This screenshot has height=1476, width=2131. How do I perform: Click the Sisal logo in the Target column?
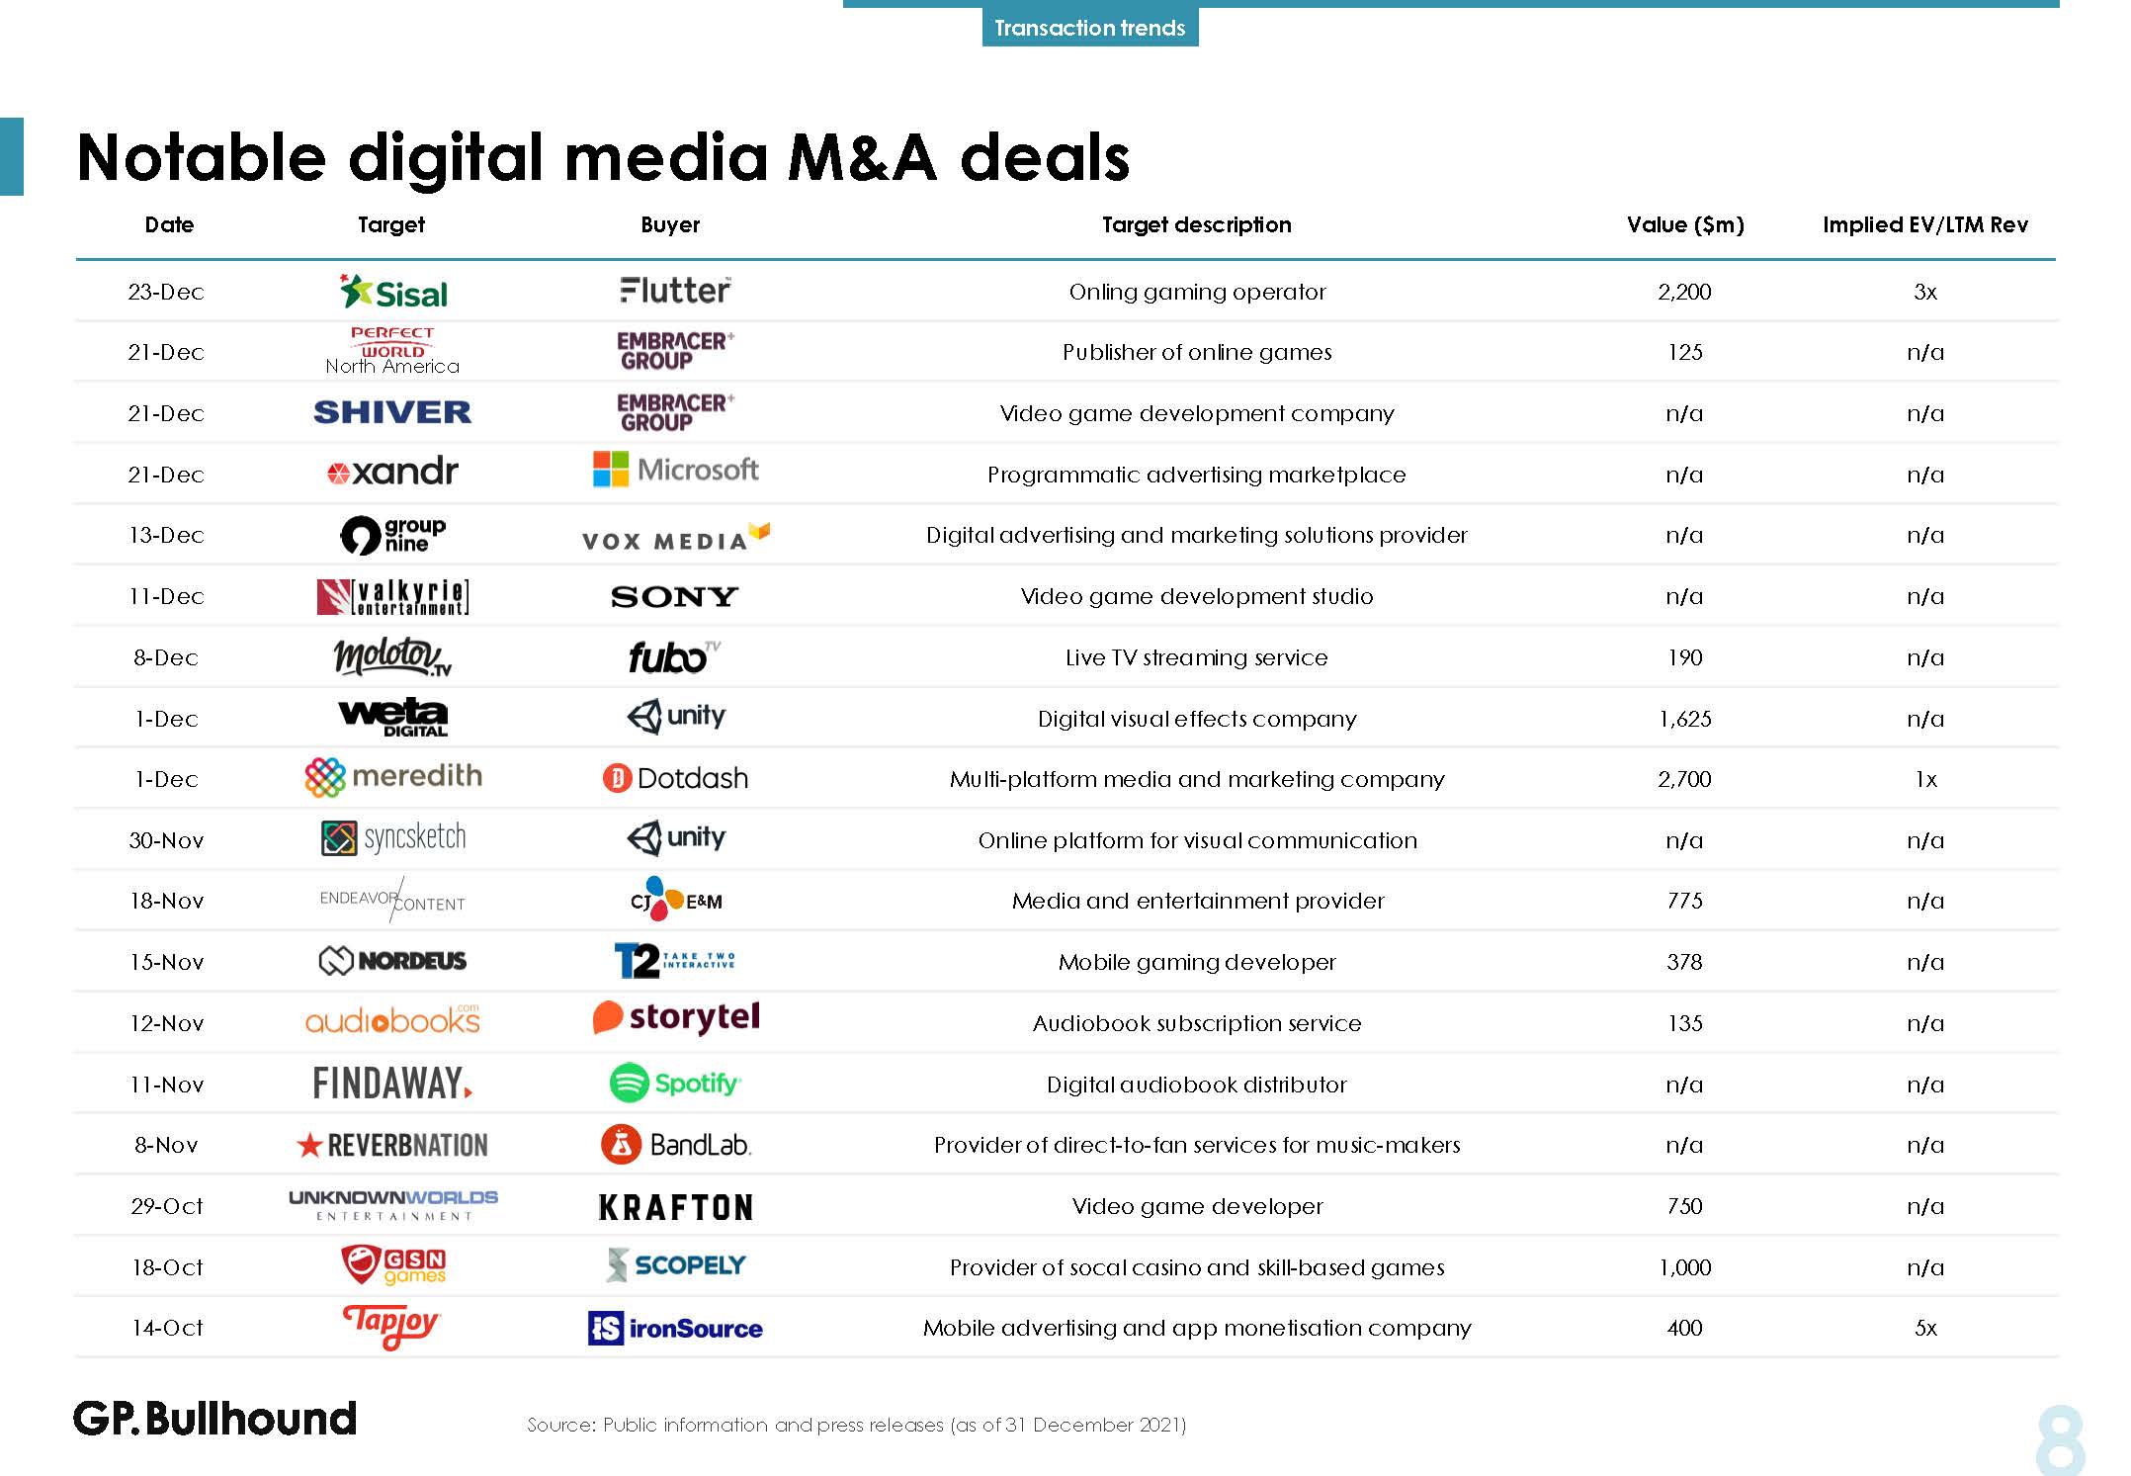tap(393, 293)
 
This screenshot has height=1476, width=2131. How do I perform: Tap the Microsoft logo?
tap(675, 470)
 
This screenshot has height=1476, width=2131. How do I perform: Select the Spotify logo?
tap(675, 1084)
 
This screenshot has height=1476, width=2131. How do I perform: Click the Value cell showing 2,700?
tap(1684, 779)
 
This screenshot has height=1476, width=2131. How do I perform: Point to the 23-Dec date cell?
tap(166, 293)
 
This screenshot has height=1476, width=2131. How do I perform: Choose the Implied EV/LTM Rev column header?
tap(1924, 225)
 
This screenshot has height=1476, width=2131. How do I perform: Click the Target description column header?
tap(1196, 225)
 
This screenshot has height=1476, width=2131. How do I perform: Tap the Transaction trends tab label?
tap(1089, 28)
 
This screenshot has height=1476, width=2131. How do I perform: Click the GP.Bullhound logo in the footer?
tap(214, 1419)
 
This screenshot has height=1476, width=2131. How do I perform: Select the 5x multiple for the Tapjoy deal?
tap(1925, 1328)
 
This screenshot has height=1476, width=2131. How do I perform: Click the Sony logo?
tap(675, 596)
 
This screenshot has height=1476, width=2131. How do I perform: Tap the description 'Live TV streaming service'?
tap(1196, 657)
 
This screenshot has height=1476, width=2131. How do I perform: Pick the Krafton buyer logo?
tap(675, 1207)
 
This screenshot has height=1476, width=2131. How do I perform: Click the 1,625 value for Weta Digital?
tap(1684, 719)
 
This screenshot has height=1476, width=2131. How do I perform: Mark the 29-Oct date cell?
tap(166, 1206)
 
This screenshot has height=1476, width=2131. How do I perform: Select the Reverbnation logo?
tap(392, 1145)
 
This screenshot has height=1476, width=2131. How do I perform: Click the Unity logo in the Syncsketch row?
tap(675, 838)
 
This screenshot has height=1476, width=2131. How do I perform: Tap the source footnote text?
tap(856, 1425)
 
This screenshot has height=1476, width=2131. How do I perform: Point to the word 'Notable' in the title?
tap(201, 158)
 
